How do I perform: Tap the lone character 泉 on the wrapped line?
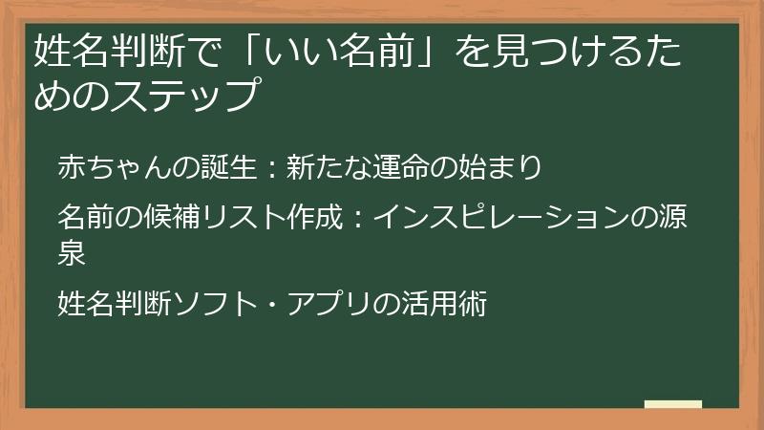click(x=73, y=252)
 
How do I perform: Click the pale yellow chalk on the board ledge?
click(x=672, y=405)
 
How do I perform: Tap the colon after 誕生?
click(x=270, y=168)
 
